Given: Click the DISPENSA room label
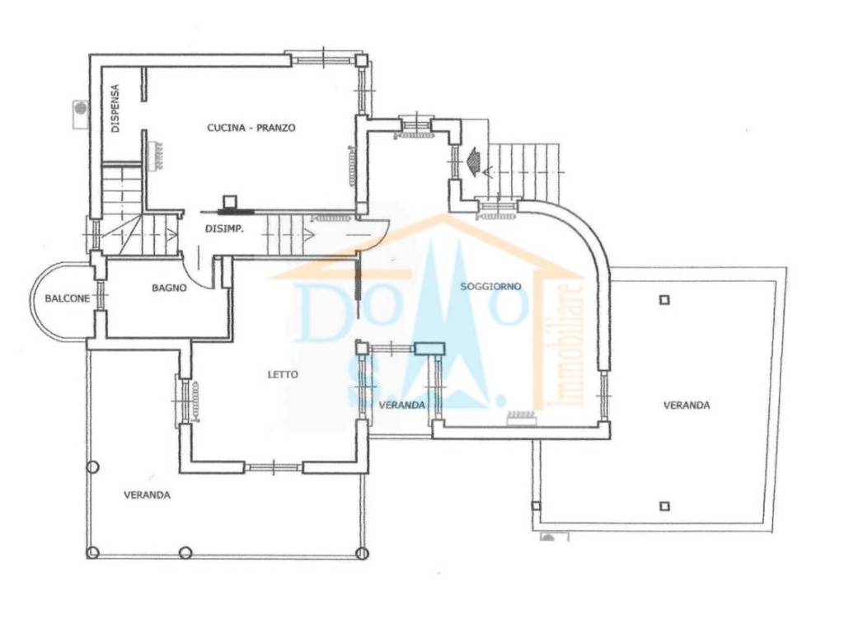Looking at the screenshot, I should pyautogui.click(x=116, y=108).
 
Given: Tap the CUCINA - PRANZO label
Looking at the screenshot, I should pyautogui.click(x=251, y=128).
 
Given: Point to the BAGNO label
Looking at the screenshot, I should pyautogui.click(x=169, y=288).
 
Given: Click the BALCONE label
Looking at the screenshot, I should pyautogui.click(x=67, y=298).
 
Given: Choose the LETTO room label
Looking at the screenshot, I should pyautogui.click(x=283, y=374).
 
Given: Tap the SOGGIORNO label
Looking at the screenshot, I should pyautogui.click(x=491, y=286).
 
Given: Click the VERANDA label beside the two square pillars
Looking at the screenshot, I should pyautogui.click(x=687, y=405).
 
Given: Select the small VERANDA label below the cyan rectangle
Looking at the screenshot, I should pyautogui.click(x=401, y=405).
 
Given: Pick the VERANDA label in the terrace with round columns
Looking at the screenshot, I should pyautogui.click(x=148, y=495).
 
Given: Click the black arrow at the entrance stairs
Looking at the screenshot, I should pyautogui.click(x=475, y=160).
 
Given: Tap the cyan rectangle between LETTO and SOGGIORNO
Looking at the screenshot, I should pyautogui.click(x=429, y=349).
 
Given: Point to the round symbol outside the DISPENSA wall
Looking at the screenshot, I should pyautogui.click(x=80, y=107).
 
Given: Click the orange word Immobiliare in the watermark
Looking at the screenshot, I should pyautogui.click(x=568, y=345).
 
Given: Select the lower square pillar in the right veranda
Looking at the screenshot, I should pyautogui.click(x=664, y=506).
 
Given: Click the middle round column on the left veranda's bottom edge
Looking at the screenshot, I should pyautogui.click(x=185, y=552).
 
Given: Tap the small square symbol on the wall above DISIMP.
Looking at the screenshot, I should pyautogui.click(x=231, y=200).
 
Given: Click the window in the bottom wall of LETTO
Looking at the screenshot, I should pyautogui.click(x=273, y=467).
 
